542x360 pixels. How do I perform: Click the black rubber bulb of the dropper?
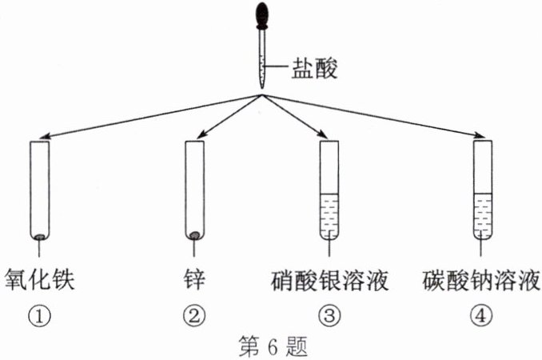click(262, 17)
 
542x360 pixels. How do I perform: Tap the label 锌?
click(193, 282)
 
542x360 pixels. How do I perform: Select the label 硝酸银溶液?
click(329, 282)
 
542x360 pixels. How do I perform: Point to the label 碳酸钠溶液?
click(483, 282)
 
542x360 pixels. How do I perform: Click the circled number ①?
click(39, 315)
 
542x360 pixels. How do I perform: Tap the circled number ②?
click(193, 315)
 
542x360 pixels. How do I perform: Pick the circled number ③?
click(329, 315)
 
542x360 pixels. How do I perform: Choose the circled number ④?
click(481, 315)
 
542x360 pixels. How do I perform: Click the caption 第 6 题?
click(272, 346)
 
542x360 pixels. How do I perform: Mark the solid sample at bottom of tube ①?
click(39, 236)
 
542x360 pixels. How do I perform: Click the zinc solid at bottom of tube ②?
click(193, 235)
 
